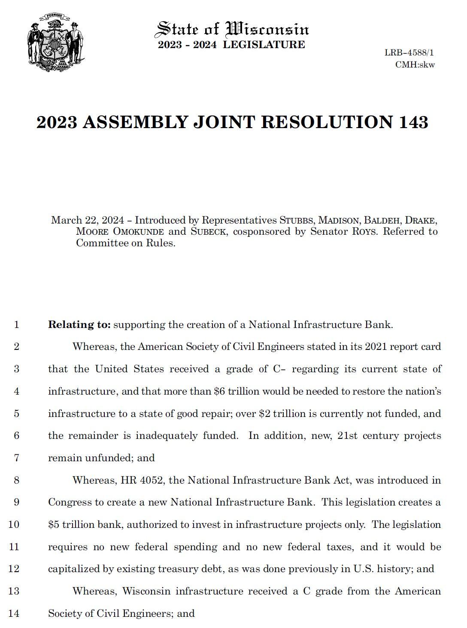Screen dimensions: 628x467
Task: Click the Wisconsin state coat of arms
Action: [56, 42]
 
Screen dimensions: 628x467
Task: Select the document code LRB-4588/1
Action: [409, 53]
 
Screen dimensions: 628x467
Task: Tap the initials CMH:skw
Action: [415, 65]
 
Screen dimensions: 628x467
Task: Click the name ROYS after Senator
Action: [364, 232]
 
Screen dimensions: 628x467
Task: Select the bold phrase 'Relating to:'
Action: [79, 325]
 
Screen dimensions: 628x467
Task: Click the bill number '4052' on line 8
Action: [152, 480]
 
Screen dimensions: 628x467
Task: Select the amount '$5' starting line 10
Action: [54, 525]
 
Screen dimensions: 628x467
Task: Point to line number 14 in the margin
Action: [14, 613]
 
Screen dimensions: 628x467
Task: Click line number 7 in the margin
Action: [16, 458]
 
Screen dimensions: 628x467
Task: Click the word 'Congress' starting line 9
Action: [70, 502]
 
